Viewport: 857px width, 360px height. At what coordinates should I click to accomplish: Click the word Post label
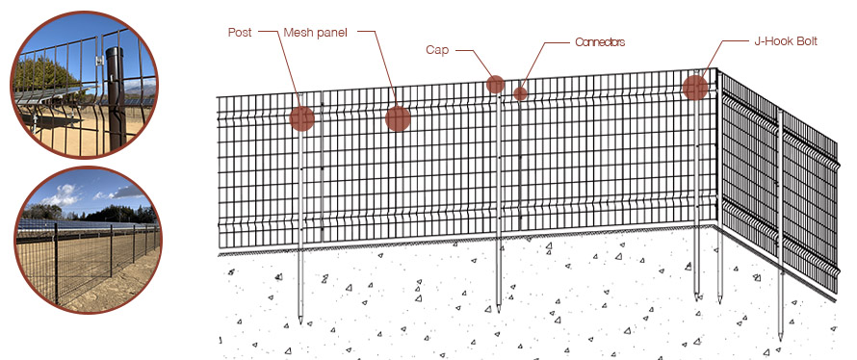click(x=240, y=32)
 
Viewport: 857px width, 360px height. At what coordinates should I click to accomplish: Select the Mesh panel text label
click(x=316, y=32)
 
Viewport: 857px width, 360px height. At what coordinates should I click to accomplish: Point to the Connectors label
click(x=600, y=42)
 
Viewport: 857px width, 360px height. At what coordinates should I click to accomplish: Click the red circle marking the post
click(x=302, y=118)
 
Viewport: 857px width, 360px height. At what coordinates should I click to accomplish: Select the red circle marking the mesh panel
click(x=398, y=118)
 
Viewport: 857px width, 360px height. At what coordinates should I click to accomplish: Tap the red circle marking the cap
click(x=495, y=85)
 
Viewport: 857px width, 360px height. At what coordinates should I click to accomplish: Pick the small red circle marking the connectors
click(x=520, y=93)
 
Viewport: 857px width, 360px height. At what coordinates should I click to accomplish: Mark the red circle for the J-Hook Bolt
click(x=695, y=88)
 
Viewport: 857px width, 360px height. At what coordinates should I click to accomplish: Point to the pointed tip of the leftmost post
click(x=301, y=320)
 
